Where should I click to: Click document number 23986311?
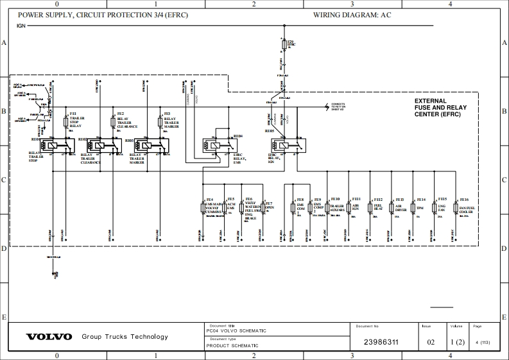point(381,342)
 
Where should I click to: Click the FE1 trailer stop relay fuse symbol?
point(66,122)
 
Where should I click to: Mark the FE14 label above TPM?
point(421,200)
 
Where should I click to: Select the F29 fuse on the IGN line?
point(284,46)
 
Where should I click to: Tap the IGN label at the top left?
point(21,26)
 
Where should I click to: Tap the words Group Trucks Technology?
point(125,337)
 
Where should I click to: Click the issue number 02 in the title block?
point(431,342)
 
